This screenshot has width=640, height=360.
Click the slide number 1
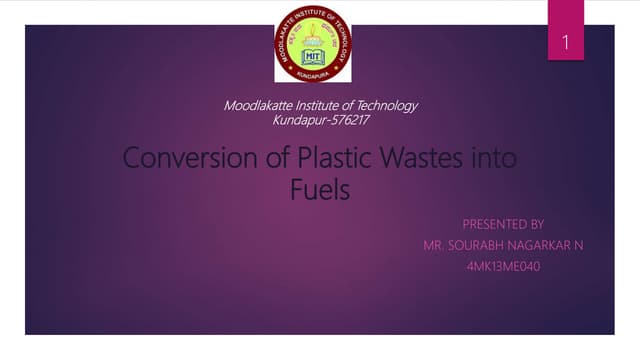coord(565,44)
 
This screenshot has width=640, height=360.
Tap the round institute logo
coord(313,43)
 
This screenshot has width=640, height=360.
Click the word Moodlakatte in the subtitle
coord(255,106)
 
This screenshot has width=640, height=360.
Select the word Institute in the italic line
coord(317,106)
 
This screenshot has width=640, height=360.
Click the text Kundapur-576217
coord(321,120)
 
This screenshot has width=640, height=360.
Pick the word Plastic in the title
coord(334,158)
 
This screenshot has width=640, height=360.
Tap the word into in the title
coord(493,158)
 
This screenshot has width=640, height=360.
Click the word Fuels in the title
coord(320,189)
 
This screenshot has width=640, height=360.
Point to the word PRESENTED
coord(489,223)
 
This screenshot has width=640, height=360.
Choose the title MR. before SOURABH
coord(434,245)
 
